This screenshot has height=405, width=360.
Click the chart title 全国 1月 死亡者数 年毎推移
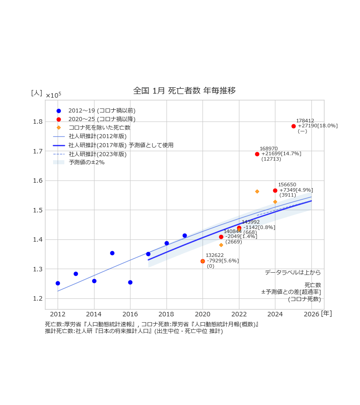[x=184, y=90]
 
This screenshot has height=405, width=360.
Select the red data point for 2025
[x=293, y=126]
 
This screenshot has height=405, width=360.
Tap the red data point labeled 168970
[x=257, y=154]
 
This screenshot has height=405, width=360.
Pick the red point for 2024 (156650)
[x=275, y=190]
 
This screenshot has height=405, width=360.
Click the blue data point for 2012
[x=58, y=283]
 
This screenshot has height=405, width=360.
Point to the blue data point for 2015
[x=112, y=253]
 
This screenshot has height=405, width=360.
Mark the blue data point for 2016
[x=130, y=282]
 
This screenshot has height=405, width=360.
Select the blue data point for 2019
[x=184, y=235]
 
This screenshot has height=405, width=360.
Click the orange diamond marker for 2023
[x=257, y=191]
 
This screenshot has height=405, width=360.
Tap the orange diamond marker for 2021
[x=221, y=245]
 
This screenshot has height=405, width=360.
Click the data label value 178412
[x=305, y=121]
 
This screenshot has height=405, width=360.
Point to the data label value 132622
[x=215, y=255]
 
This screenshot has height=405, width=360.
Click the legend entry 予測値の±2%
[x=86, y=162]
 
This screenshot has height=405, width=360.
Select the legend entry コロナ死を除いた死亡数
[x=99, y=127]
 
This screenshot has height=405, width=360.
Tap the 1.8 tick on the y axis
[x=37, y=121]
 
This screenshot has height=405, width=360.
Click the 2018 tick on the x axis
[x=166, y=314]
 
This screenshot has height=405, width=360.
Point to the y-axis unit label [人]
[x=36, y=93]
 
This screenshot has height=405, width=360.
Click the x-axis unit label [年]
[x=326, y=313]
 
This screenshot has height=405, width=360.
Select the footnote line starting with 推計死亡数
[x=134, y=331]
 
